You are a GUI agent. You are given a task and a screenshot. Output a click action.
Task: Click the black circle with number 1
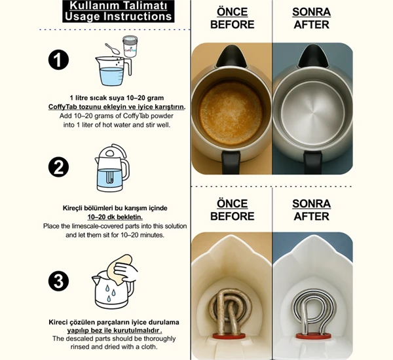(x=58, y=60)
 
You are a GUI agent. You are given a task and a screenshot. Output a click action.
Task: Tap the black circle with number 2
(x=58, y=167)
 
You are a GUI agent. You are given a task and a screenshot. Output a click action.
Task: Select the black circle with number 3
(x=58, y=281)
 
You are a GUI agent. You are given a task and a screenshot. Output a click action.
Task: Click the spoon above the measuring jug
(x=112, y=48)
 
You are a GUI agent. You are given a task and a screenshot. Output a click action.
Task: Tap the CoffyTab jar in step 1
(x=130, y=46)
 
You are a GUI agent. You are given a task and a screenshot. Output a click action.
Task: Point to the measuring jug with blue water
(x=113, y=71)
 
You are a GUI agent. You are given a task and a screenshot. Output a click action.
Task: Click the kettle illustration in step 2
(x=112, y=168)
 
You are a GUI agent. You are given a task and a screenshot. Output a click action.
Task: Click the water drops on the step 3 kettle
(x=110, y=293)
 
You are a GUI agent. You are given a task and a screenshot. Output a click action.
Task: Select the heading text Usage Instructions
(x=118, y=16)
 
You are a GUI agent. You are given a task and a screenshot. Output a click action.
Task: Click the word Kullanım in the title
(x=90, y=5)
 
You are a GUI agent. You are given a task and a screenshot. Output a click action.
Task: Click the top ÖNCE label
(x=233, y=12)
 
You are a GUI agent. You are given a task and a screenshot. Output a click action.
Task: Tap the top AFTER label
(x=311, y=25)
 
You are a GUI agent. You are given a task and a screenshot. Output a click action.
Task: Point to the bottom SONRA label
(x=311, y=204)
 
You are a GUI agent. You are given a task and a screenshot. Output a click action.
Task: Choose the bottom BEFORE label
(x=233, y=216)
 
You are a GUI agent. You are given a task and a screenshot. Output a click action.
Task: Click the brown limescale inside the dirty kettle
(x=231, y=113)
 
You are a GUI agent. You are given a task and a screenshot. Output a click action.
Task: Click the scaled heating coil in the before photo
(x=230, y=311)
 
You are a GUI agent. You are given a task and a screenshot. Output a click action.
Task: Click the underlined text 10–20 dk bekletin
(x=115, y=217)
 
